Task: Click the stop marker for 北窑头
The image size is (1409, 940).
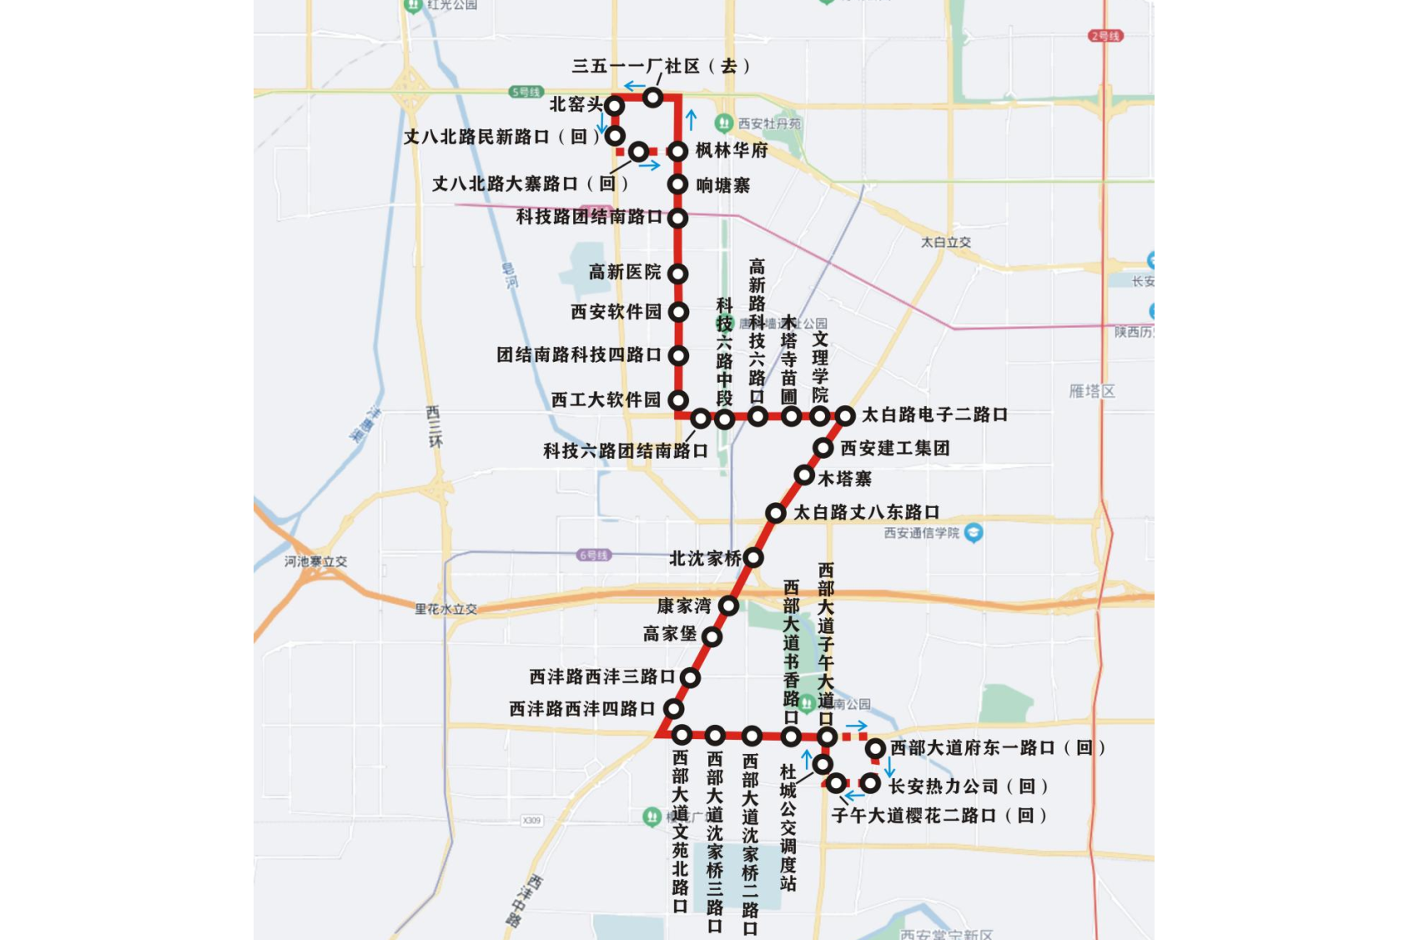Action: pyautogui.click(x=615, y=106)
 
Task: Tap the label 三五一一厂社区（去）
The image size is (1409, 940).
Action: pyautogui.click(x=661, y=66)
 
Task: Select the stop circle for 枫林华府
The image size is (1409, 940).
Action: pyautogui.click(x=677, y=151)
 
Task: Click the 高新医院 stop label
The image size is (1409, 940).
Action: pyautogui.click(x=625, y=272)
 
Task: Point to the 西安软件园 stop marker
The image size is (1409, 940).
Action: pyautogui.click(x=678, y=312)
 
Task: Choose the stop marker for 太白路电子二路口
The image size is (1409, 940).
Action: pyautogui.click(x=845, y=415)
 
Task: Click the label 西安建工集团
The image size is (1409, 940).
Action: pyautogui.click(x=894, y=448)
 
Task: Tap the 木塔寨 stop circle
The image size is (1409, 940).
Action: pyautogui.click(x=804, y=475)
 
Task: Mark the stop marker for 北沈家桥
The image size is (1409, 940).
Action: pyautogui.click(x=752, y=557)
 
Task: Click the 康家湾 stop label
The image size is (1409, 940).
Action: pyautogui.click(x=684, y=606)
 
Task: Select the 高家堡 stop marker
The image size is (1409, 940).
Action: pyautogui.click(x=712, y=637)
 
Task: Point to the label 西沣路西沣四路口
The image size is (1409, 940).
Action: pyautogui.click(x=582, y=709)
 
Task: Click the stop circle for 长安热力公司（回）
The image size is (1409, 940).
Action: pyautogui.click(x=870, y=784)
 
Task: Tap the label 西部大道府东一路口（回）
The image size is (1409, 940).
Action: pyautogui.click(x=998, y=747)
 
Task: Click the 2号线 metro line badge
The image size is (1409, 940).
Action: pyautogui.click(x=1105, y=36)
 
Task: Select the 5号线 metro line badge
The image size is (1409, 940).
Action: pyautogui.click(x=526, y=92)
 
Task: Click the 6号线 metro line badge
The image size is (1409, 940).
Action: pyautogui.click(x=594, y=555)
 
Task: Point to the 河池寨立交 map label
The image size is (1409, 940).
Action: pyautogui.click(x=315, y=561)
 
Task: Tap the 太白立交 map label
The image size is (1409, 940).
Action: pyautogui.click(x=945, y=242)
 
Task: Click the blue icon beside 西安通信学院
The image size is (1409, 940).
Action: pyautogui.click(x=974, y=532)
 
